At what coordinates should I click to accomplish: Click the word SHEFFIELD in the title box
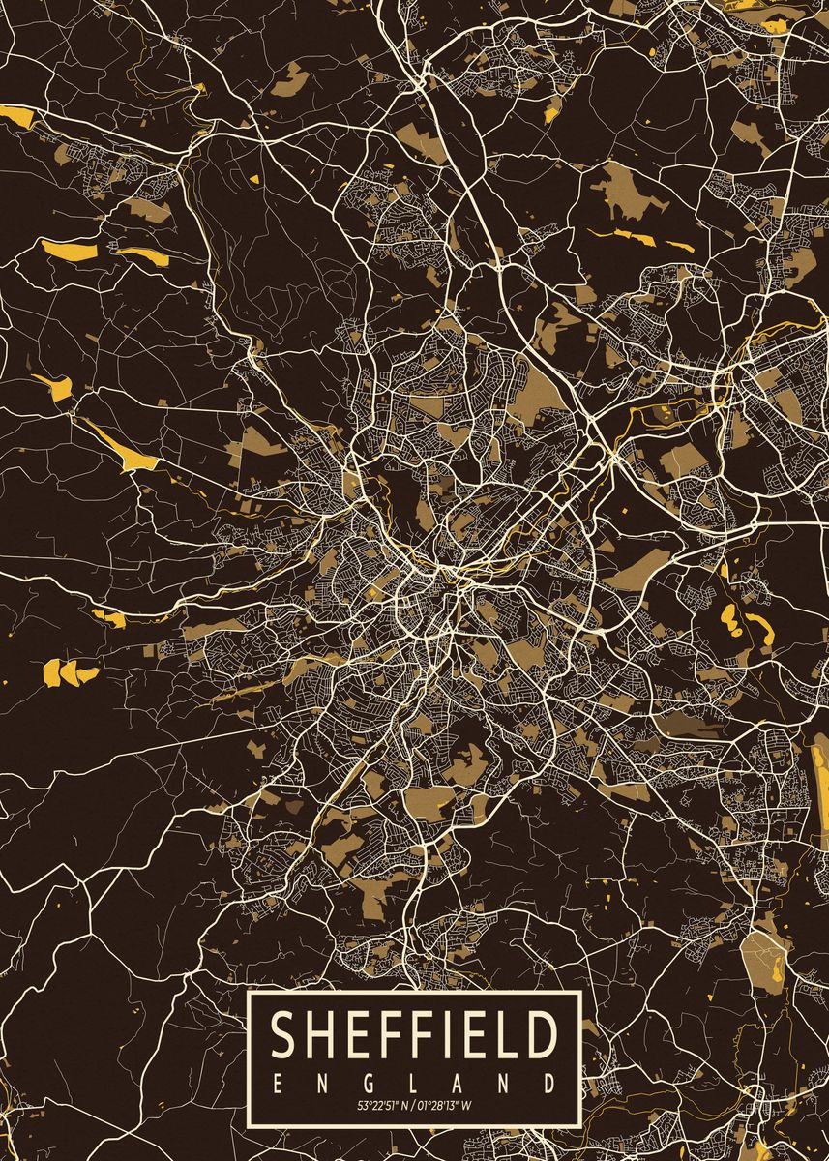(414, 1034)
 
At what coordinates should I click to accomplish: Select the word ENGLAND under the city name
(414, 1081)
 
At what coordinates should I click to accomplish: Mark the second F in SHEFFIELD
(415, 1034)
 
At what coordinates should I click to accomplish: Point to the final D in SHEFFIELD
(538, 1034)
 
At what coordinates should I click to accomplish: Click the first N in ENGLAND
(324, 1081)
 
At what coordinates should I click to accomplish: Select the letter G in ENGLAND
(370, 1081)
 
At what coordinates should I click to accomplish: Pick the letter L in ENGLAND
(415, 1081)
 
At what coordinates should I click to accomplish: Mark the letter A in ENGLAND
(459, 1081)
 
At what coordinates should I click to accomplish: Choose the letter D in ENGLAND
(548, 1081)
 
